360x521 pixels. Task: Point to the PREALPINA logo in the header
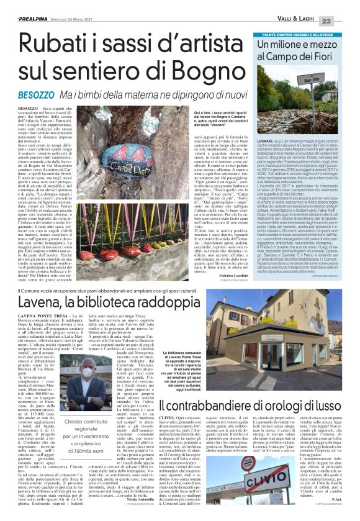[25, 6]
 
